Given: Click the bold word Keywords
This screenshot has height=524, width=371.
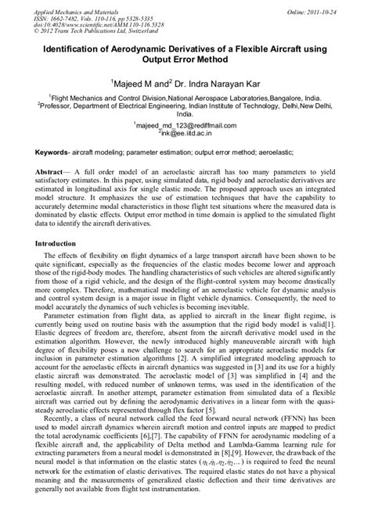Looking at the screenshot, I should click(x=59, y=149).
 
